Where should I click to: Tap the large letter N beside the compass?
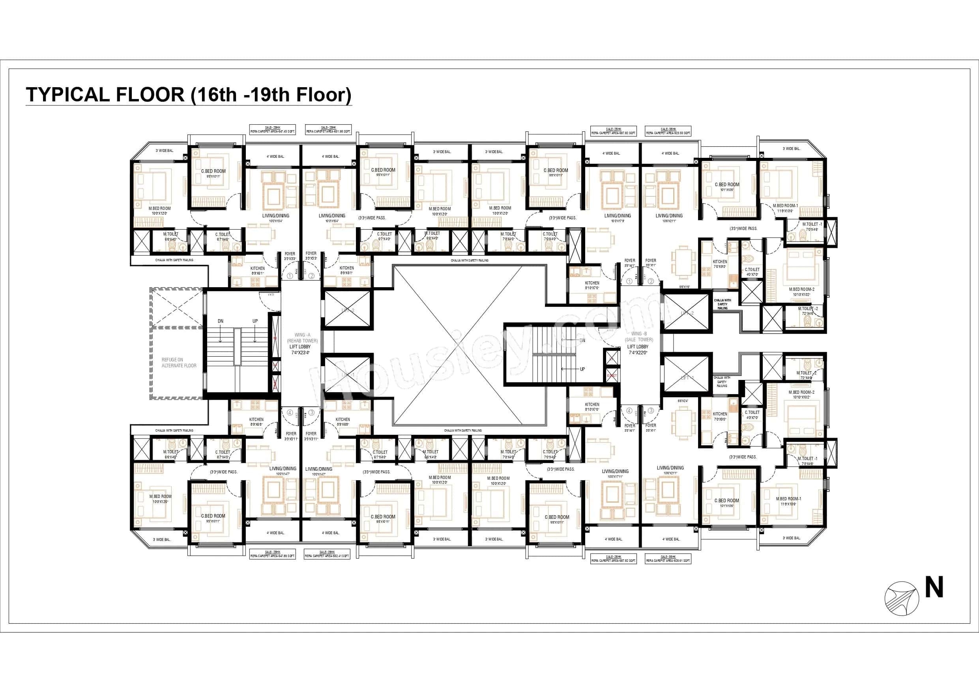tap(934, 587)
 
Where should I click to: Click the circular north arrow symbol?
tap(901, 599)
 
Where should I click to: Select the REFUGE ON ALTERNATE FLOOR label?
tap(179, 363)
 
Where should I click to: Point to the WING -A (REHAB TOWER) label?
tap(302, 338)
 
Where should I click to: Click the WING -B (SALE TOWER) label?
tap(639, 337)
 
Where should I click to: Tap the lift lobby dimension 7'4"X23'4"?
tap(300, 353)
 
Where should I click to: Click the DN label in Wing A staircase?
tap(221, 321)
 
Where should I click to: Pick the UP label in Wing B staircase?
tap(582, 369)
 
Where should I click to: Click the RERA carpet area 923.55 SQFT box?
tap(668, 131)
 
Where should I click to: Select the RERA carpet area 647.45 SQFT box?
tap(272, 130)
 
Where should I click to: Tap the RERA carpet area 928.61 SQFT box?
tap(668, 559)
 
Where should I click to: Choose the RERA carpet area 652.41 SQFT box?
tap(327, 554)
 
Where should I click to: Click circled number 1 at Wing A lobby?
tap(290, 276)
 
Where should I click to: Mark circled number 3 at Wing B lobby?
tap(651, 411)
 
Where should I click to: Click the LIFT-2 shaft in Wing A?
tap(348, 310)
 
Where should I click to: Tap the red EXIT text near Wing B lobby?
tap(612, 376)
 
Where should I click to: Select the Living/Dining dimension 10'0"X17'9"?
tap(618, 221)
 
